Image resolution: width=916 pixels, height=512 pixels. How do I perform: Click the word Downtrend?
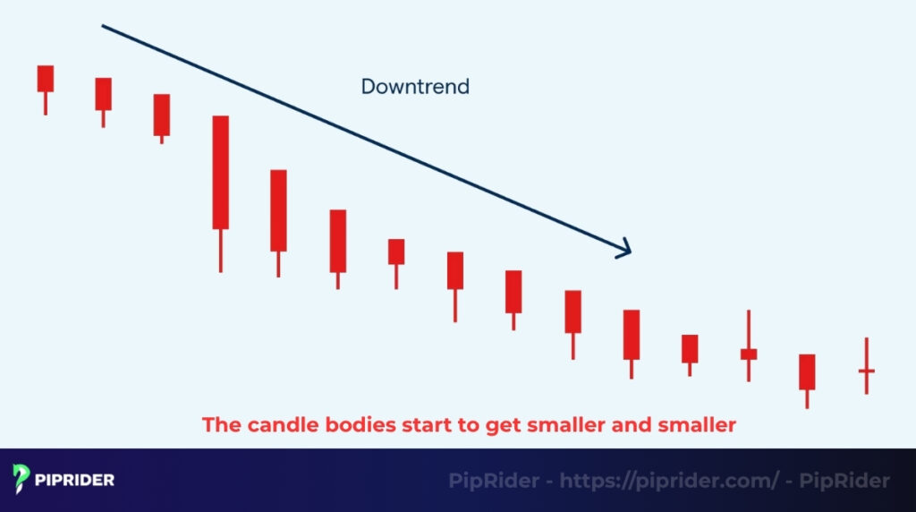click(x=415, y=87)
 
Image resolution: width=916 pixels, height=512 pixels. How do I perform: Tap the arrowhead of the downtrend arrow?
click(x=626, y=250)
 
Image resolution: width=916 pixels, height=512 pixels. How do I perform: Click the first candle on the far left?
click(x=45, y=79)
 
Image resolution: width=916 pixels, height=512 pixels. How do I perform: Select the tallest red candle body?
click(x=220, y=172)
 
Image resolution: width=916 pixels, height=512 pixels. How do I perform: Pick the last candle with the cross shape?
click(x=866, y=370)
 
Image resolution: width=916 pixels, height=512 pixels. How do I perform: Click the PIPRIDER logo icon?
click(x=21, y=479)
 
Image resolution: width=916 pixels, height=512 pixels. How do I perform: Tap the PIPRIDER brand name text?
click(x=75, y=480)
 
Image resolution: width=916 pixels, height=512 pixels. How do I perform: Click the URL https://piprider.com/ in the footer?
click(x=669, y=481)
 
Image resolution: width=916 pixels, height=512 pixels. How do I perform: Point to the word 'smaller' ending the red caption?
click(x=699, y=425)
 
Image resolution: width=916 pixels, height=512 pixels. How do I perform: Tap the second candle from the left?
click(x=104, y=94)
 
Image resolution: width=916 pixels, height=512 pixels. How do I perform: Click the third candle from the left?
click(x=161, y=115)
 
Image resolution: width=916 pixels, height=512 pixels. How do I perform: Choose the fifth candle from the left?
click(x=278, y=210)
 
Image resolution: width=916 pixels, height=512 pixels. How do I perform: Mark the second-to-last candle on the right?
click(x=807, y=371)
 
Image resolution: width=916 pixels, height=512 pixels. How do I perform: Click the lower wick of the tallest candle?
click(x=220, y=250)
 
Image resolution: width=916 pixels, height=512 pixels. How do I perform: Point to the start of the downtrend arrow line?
click(x=103, y=26)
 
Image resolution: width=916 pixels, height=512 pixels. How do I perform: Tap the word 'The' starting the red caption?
click(x=218, y=425)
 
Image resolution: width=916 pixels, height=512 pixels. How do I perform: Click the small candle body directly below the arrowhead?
click(x=632, y=335)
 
